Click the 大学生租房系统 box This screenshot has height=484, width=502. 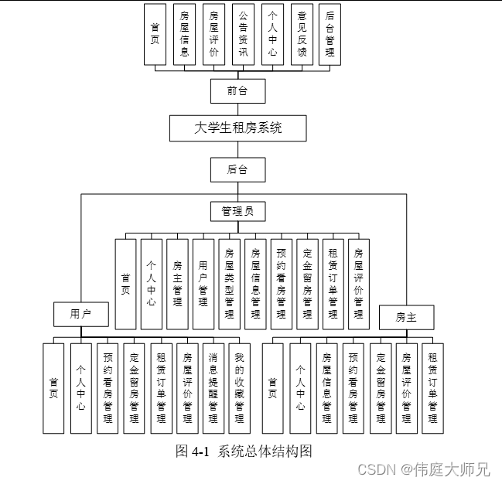[x=237, y=128]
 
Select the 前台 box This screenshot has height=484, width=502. [x=237, y=90]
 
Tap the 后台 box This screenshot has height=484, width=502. [x=237, y=169]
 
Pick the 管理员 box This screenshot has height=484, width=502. [x=237, y=210]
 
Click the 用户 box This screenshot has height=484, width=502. [x=81, y=314]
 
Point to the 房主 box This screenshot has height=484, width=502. [x=406, y=317]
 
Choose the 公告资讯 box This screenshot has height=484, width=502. [x=243, y=35]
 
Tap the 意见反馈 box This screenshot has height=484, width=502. [x=301, y=35]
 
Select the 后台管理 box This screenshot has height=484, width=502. [x=330, y=35]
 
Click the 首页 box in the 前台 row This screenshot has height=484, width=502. [x=155, y=35]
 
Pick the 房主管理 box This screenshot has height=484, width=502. [x=178, y=284]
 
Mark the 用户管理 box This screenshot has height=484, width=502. [x=203, y=284]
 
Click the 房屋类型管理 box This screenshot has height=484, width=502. [x=230, y=284]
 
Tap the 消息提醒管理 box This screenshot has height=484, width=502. [x=213, y=388]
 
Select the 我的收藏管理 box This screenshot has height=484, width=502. [x=240, y=388]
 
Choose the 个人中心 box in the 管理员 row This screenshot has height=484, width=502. [x=152, y=284]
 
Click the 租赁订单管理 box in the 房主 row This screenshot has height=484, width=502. [x=432, y=388]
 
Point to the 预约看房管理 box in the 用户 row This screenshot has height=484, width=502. [x=108, y=388]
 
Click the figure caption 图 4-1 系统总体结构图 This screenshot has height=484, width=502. [x=244, y=452]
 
